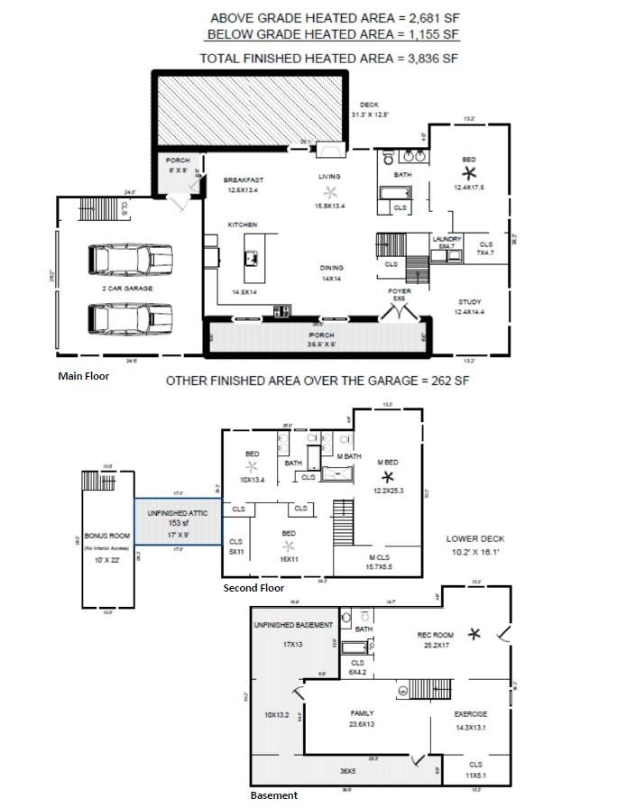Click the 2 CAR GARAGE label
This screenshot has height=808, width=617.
[126, 289]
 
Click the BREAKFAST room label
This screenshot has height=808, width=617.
[243, 180]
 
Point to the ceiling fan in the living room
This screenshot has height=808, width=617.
[330, 191]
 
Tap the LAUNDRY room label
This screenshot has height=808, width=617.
[447, 239]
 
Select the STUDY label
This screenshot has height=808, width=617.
[469, 302]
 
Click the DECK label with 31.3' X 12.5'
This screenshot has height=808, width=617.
[369, 106]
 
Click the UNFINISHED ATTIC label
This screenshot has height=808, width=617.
[178, 513]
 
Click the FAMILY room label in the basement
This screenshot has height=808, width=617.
[362, 713]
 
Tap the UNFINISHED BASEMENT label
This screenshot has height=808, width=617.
[293, 625]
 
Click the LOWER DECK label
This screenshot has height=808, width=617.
[475, 538]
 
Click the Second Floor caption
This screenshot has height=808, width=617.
[253, 588]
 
